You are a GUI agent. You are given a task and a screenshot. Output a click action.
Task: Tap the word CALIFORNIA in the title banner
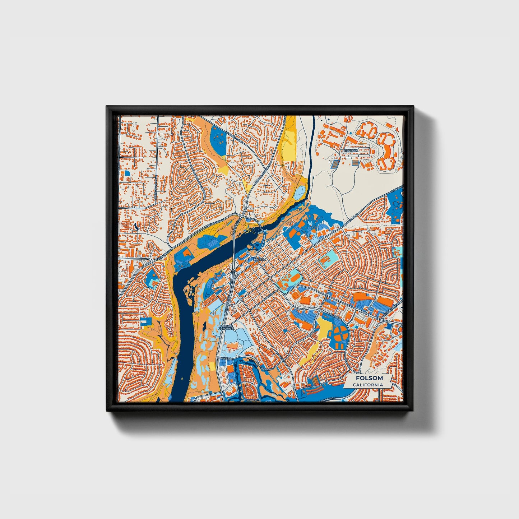pyautogui.click(x=368, y=385)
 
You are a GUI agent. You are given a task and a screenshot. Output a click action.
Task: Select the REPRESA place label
pyautogui.click(x=351, y=151)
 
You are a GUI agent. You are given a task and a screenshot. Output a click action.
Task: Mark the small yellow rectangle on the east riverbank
pyautogui.click(x=212, y=367)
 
